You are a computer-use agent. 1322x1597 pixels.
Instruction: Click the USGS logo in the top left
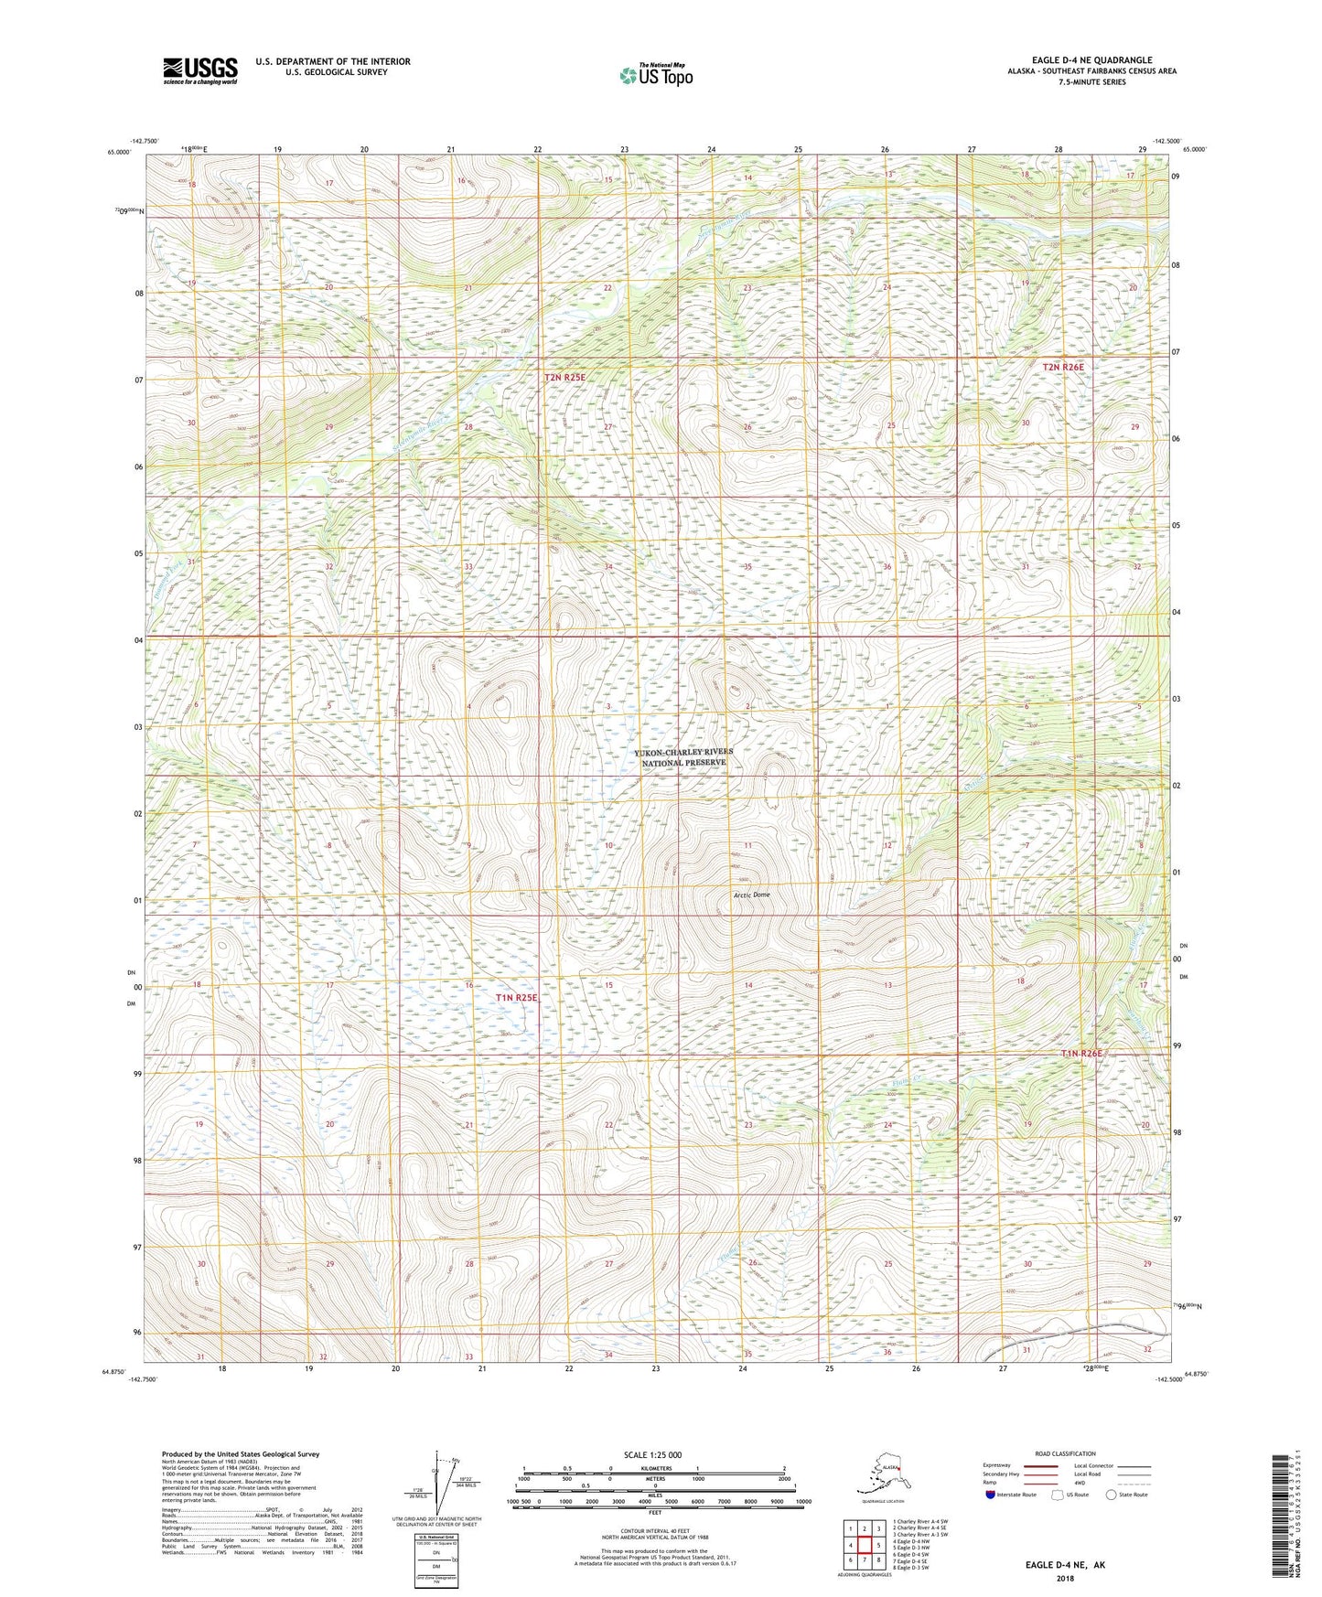pos(199,70)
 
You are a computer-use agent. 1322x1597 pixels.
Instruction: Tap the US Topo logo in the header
pos(655,75)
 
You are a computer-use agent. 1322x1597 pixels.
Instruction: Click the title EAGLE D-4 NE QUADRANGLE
pos(1091,59)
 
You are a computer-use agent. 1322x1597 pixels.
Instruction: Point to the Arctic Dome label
pos(751,895)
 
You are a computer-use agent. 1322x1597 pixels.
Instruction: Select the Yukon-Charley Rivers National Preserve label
pos(683,757)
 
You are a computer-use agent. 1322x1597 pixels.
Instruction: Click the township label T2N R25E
pos(564,377)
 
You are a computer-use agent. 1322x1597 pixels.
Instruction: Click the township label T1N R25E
pos(516,998)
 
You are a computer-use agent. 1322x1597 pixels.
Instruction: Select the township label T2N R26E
pos(1062,367)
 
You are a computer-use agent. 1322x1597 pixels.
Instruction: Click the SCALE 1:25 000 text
pos(652,1454)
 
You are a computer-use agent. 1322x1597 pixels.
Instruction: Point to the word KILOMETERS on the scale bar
pos(654,1468)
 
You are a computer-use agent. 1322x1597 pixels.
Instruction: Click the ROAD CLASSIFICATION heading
pos(1065,1453)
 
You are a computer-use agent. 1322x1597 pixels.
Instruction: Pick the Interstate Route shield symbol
pos(990,1495)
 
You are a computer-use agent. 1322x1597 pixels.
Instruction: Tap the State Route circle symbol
pos(1112,1495)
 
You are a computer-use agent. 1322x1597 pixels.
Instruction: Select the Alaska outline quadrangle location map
pos(876,1476)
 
